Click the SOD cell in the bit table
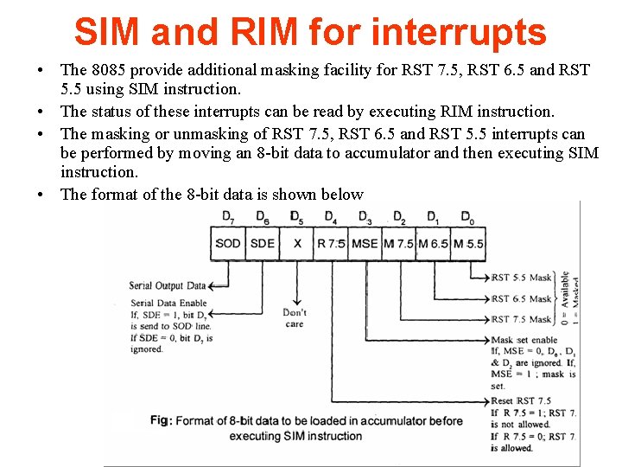(228, 243)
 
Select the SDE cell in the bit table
(263, 243)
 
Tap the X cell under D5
(297, 243)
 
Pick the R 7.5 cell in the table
(331, 243)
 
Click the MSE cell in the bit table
(365, 243)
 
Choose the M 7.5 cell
(399, 243)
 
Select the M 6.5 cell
(433, 243)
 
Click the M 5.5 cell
(468, 243)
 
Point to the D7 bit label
(228, 216)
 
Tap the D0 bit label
(466, 216)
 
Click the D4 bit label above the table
(331, 216)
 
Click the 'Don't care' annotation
(295, 317)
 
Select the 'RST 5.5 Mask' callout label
(521, 278)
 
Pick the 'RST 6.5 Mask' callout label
(521, 299)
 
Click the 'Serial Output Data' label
(168, 285)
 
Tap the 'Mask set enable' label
(524, 341)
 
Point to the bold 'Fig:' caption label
(160, 420)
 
